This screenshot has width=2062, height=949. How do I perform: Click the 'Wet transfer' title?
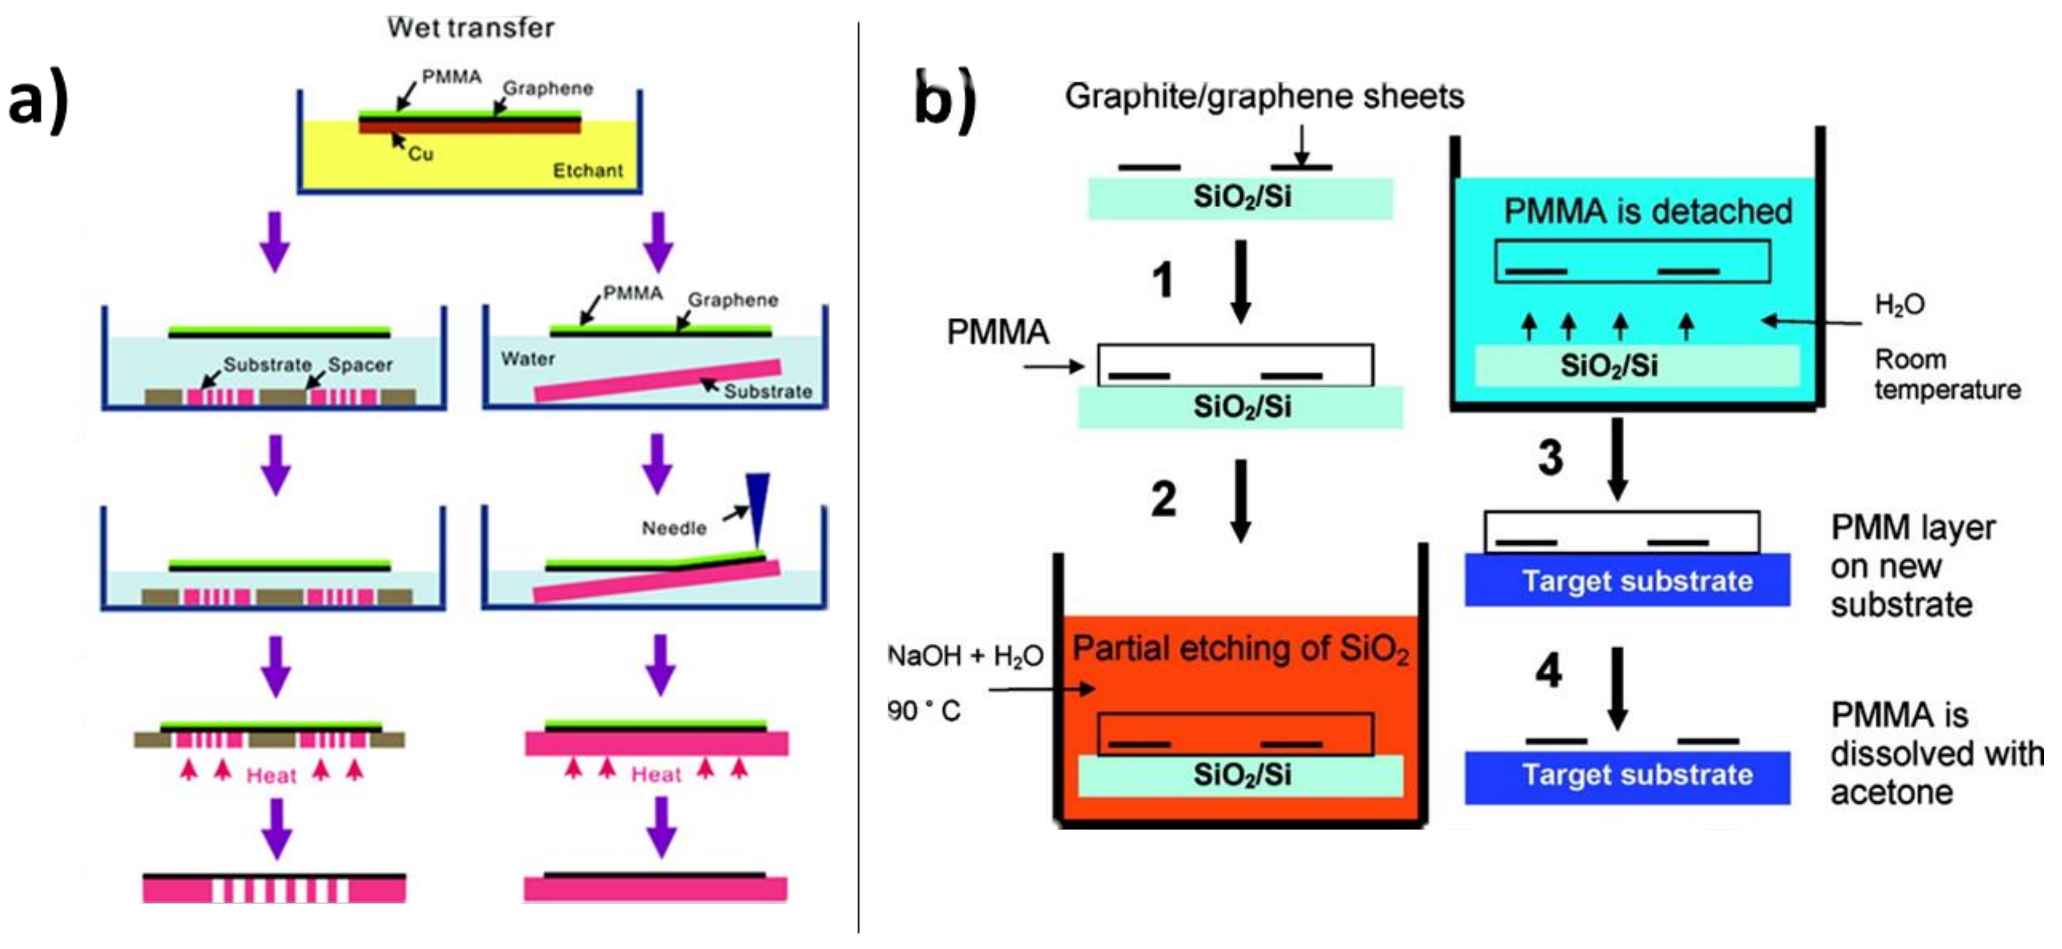[471, 28]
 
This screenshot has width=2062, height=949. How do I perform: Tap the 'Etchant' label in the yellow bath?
[587, 171]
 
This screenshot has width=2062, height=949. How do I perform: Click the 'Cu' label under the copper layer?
[420, 154]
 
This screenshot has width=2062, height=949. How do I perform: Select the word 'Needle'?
[674, 528]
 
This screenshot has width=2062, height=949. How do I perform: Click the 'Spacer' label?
[360, 365]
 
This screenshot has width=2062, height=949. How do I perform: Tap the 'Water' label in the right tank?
[527, 359]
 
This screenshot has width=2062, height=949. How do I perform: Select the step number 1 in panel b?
[1163, 280]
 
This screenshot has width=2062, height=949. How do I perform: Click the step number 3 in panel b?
[1551, 458]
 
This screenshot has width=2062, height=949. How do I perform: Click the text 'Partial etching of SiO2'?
[1240, 649]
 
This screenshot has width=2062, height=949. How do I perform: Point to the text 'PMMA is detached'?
[1647, 212]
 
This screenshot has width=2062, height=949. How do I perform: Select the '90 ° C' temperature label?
[924, 710]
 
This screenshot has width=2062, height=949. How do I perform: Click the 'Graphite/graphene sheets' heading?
[1264, 97]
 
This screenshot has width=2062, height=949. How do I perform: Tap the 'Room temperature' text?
[1947, 375]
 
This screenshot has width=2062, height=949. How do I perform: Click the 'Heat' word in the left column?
[271, 775]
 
